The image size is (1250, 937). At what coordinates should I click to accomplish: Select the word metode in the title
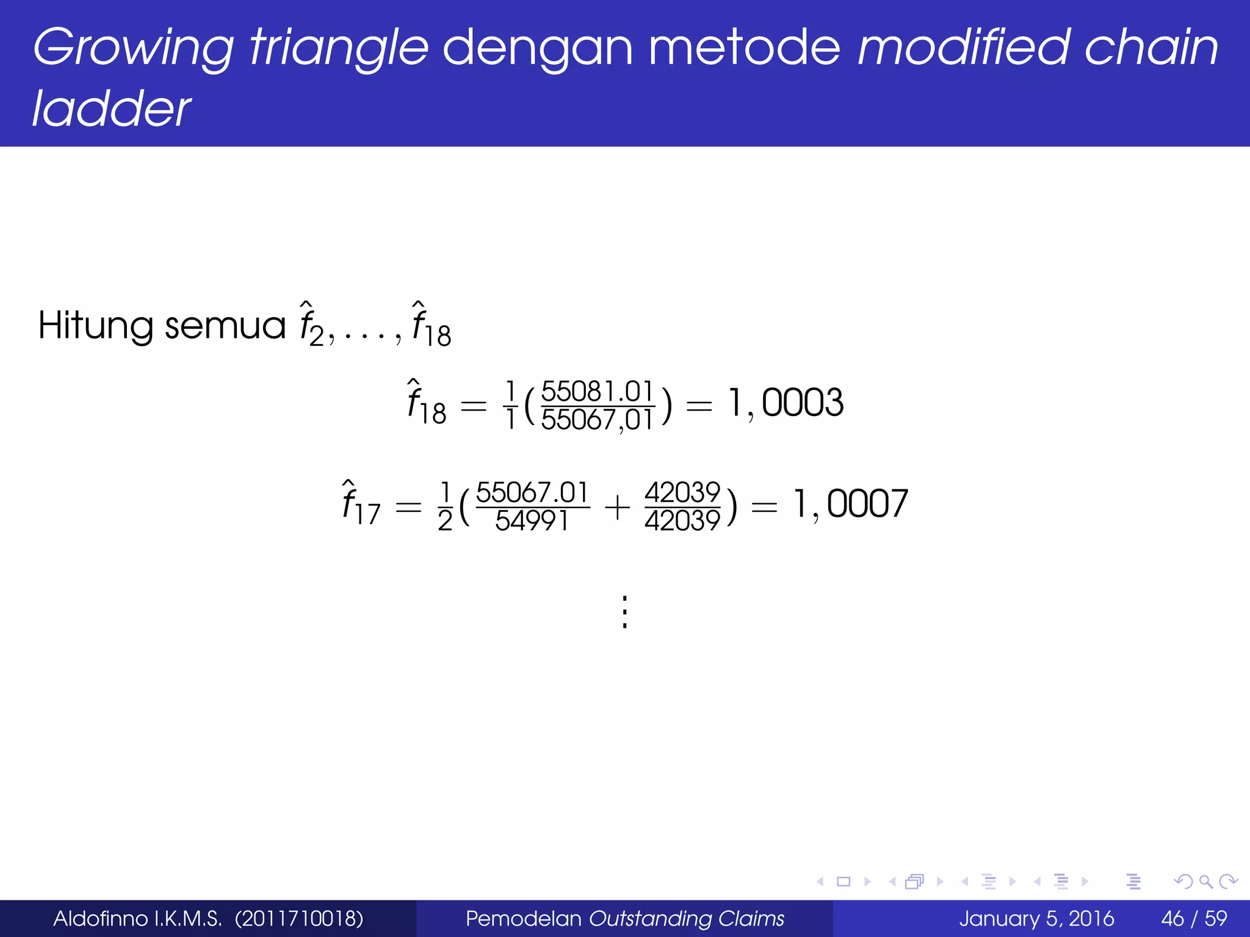click(x=744, y=48)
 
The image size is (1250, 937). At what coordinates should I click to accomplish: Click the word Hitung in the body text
click(x=95, y=325)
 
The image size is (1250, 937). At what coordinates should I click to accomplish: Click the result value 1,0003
click(x=786, y=403)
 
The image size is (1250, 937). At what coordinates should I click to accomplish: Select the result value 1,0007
click(x=851, y=504)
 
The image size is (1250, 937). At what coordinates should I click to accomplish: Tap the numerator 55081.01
click(x=598, y=391)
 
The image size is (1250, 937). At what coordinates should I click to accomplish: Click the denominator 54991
click(x=532, y=520)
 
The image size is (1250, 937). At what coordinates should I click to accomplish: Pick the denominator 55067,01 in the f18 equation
click(x=598, y=420)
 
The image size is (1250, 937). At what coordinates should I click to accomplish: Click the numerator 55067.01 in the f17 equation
click(x=532, y=492)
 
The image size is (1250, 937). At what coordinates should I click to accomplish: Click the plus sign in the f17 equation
click(x=618, y=507)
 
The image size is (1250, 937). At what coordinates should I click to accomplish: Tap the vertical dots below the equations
click(x=624, y=612)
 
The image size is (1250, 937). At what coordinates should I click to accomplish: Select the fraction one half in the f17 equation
click(x=445, y=506)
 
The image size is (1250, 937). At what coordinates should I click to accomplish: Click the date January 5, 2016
click(x=1036, y=919)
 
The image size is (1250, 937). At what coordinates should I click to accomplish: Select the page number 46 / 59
click(x=1194, y=919)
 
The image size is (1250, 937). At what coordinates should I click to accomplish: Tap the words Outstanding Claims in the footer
click(x=686, y=919)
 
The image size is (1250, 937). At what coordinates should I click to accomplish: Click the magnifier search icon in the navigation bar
click(x=1205, y=881)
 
